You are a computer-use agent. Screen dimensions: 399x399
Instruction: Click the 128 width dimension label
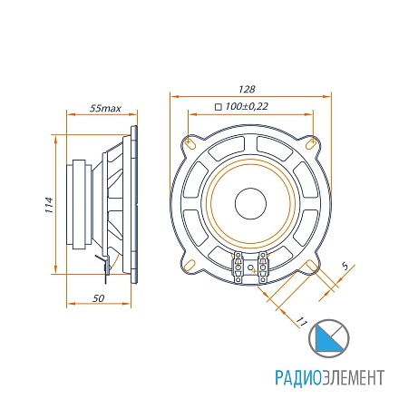pyautogui.click(x=247, y=89)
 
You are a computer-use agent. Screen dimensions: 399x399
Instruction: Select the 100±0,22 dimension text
pyautogui.click(x=247, y=106)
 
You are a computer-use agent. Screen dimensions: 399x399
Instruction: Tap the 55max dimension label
pyautogui.click(x=105, y=108)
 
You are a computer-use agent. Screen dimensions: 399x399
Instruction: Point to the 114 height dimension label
pyautogui.click(x=49, y=205)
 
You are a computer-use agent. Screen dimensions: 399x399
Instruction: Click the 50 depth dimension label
pyautogui.click(x=98, y=298)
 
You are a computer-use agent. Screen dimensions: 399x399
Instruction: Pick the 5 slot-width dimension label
pyautogui.click(x=345, y=267)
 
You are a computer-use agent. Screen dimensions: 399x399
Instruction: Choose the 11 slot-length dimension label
pyautogui.click(x=301, y=322)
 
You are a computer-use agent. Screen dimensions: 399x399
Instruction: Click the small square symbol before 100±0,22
pyautogui.click(x=218, y=107)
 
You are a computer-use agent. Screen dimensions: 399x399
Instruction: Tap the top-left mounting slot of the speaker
pyautogui.click(x=190, y=143)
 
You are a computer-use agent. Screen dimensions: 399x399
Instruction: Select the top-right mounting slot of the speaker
pyautogui.click(x=311, y=142)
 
